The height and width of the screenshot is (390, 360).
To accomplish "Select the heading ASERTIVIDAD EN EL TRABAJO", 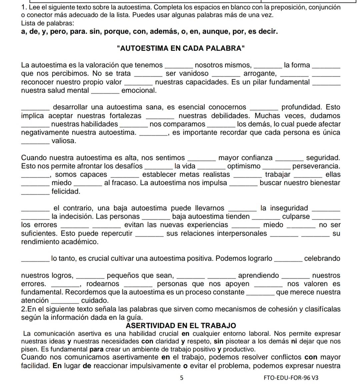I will pyautogui.click(x=181, y=325).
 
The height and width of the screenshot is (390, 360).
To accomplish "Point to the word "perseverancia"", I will pyautogui.click(x=316, y=166).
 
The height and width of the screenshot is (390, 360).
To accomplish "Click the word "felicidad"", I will pyautogui.click(x=66, y=192).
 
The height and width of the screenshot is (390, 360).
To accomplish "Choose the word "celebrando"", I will pyautogui.click(x=322, y=258).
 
